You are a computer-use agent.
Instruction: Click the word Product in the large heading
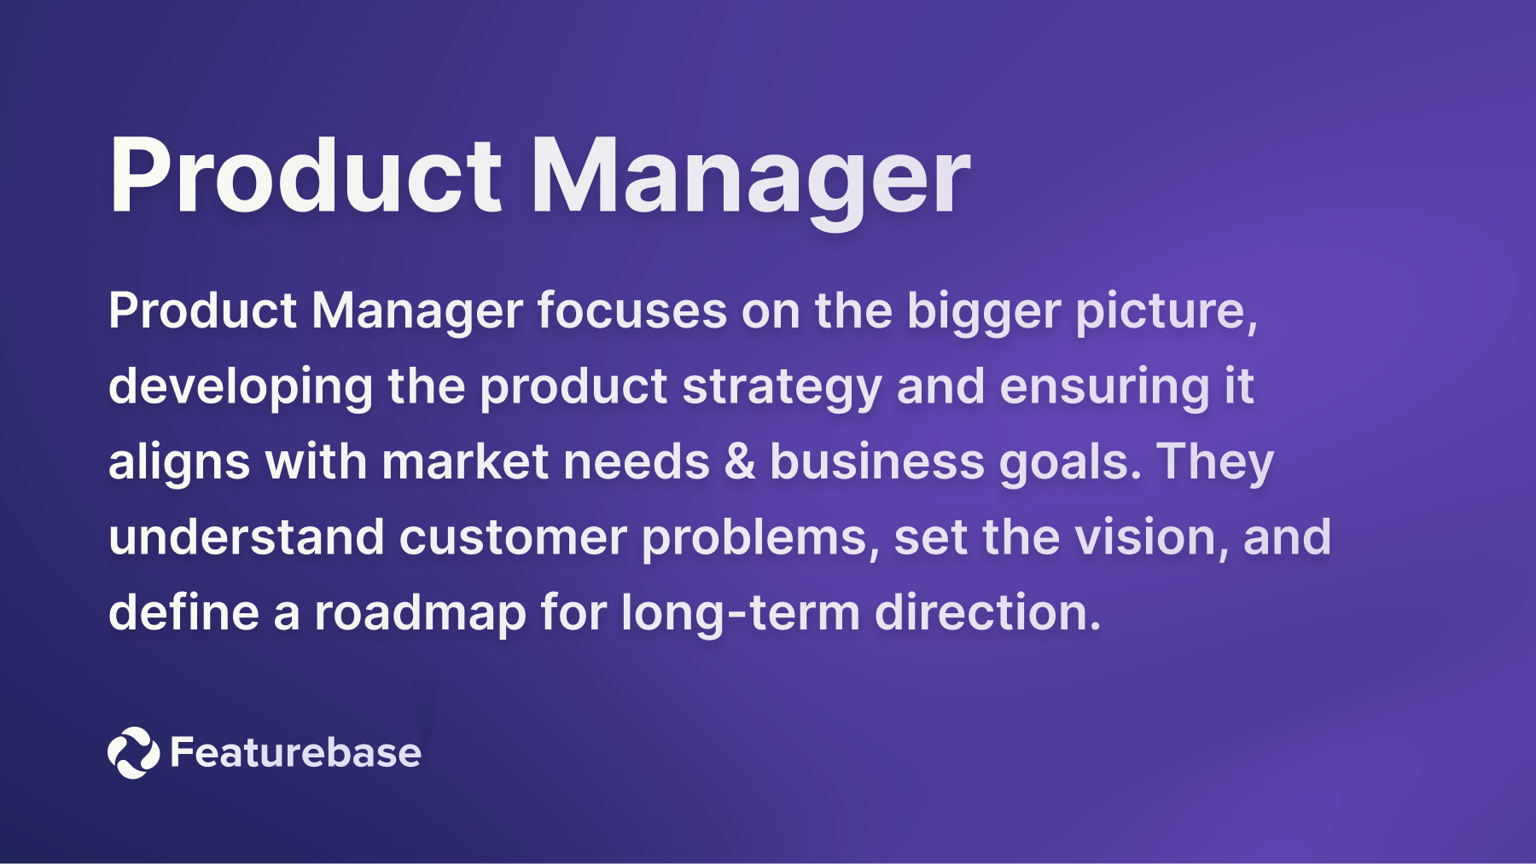click(305, 177)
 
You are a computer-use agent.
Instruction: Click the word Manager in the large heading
click(750, 177)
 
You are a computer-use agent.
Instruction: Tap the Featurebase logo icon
click(133, 752)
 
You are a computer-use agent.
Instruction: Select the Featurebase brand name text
click(295, 752)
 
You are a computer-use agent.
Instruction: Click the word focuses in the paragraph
click(631, 310)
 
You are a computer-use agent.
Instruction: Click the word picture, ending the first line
click(1166, 312)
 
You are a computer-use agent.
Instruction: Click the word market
click(465, 461)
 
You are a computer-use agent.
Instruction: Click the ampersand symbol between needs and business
click(739, 461)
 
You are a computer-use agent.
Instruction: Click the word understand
click(246, 537)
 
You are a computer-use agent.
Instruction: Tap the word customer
click(512, 537)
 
